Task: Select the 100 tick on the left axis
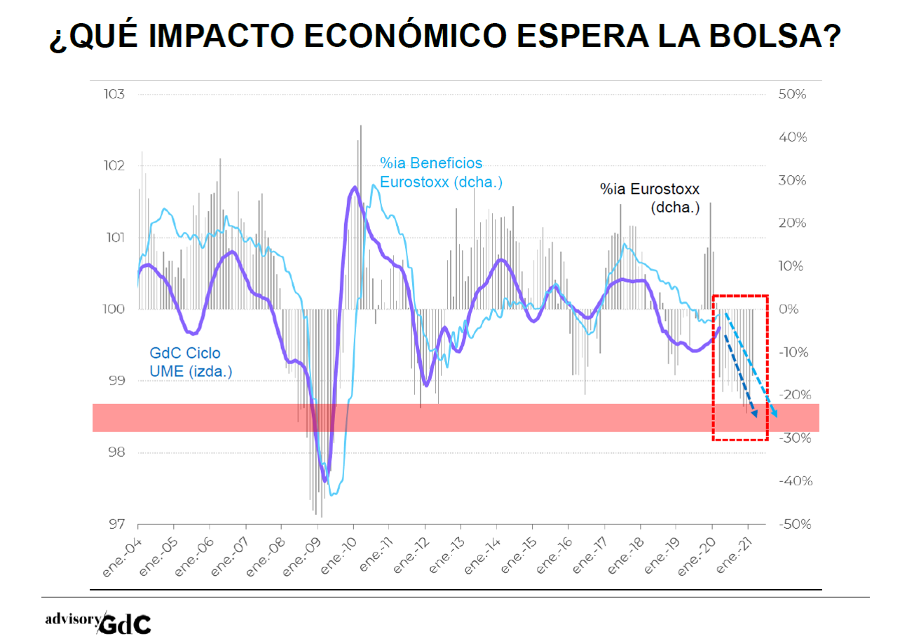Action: coord(114,310)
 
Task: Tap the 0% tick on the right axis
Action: coord(790,310)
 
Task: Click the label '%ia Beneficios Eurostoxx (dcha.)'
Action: coord(441,172)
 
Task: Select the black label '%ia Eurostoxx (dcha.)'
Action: coord(649,198)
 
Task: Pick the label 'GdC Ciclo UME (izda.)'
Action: coord(190,362)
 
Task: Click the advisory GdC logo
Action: coord(97,621)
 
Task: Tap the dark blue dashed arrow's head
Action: coord(755,414)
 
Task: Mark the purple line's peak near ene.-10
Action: coord(355,187)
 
